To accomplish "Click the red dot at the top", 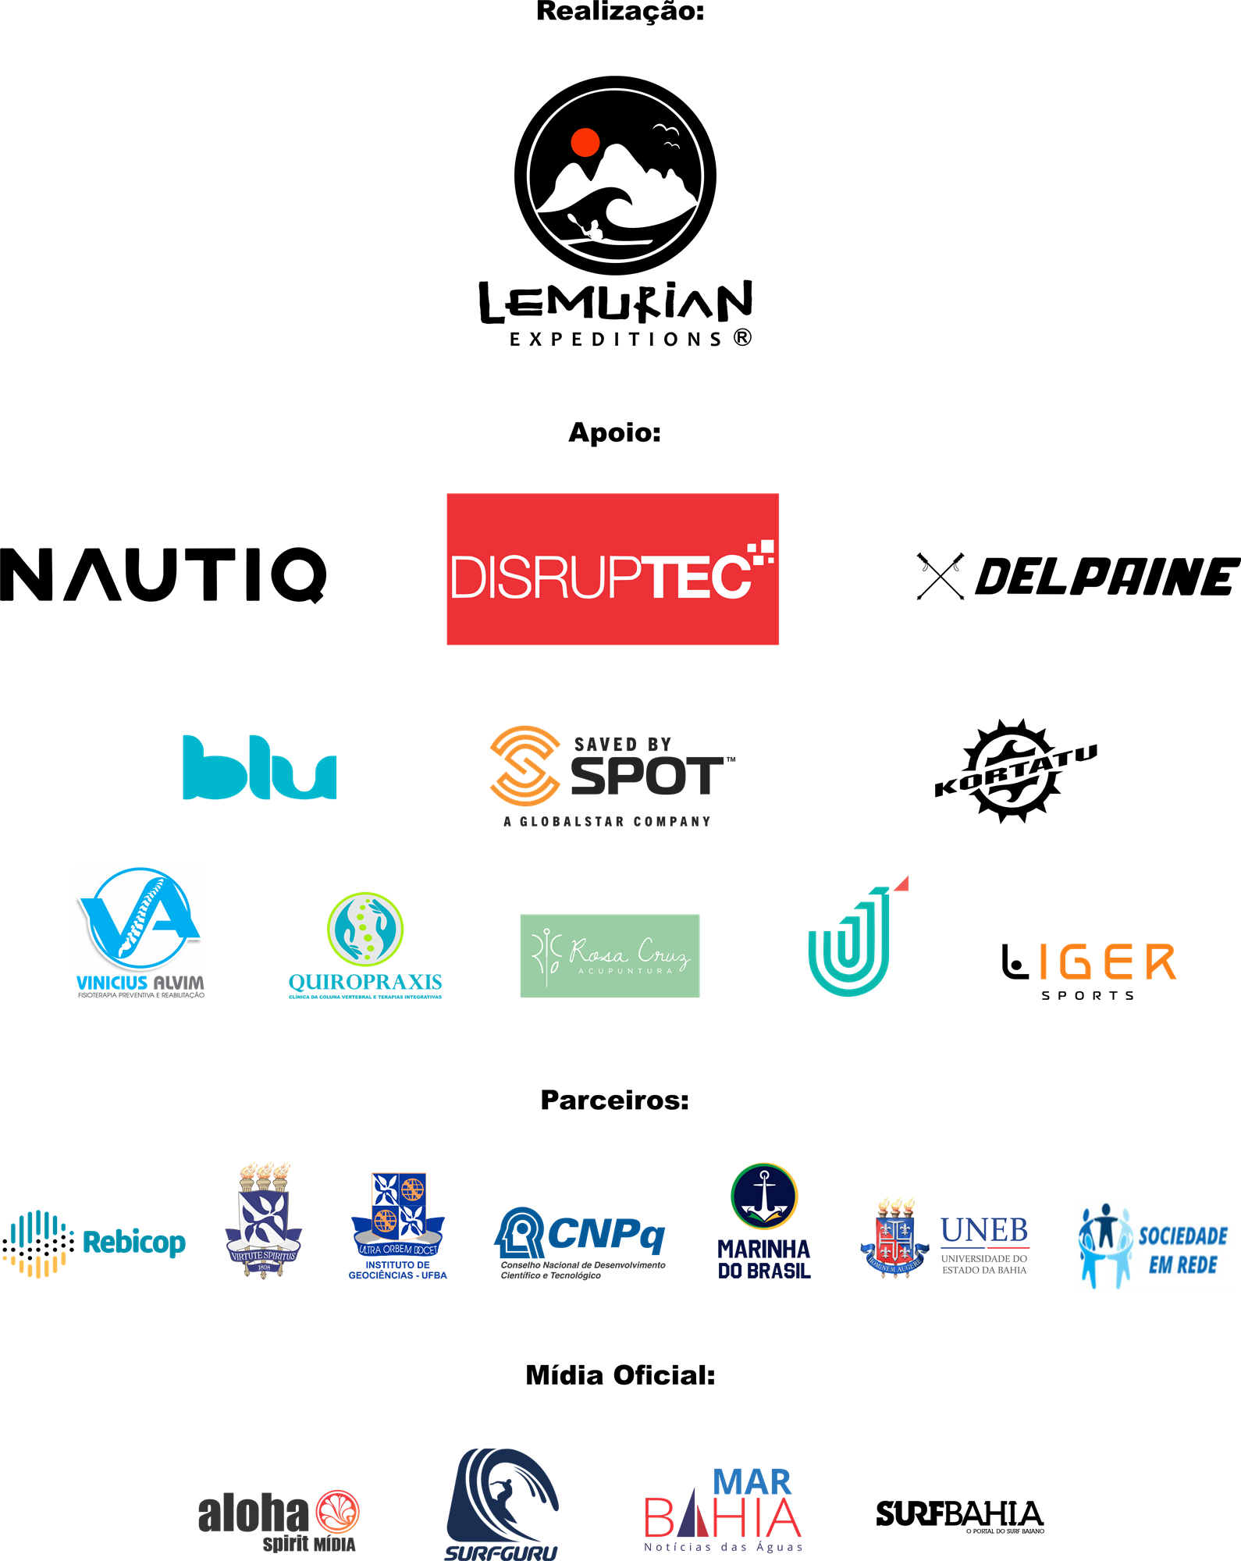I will coord(585,143).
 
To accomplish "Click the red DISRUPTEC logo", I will coord(613,569).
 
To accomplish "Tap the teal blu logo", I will coord(259,768).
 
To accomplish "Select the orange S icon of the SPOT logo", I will coord(524,765).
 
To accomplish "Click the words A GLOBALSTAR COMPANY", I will coord(607,822).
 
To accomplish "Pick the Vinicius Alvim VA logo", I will coord(139,921).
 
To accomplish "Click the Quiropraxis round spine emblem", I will coord(365,929).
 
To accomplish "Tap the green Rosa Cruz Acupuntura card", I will coord(610,955).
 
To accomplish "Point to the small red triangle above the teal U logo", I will coord(903,884).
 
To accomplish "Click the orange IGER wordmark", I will coord(1107,962).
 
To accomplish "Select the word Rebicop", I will coord(134,1242).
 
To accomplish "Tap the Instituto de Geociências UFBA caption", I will coord(397,1270).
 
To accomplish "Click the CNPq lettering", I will coord(606,1234).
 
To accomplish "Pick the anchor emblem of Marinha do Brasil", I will coord(764,1196).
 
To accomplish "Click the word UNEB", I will coord(984,1230).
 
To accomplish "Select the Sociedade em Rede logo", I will coord(1155,1246).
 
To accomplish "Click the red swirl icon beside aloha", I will coord(337,1512).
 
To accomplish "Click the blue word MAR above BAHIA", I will coord(752,1481).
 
